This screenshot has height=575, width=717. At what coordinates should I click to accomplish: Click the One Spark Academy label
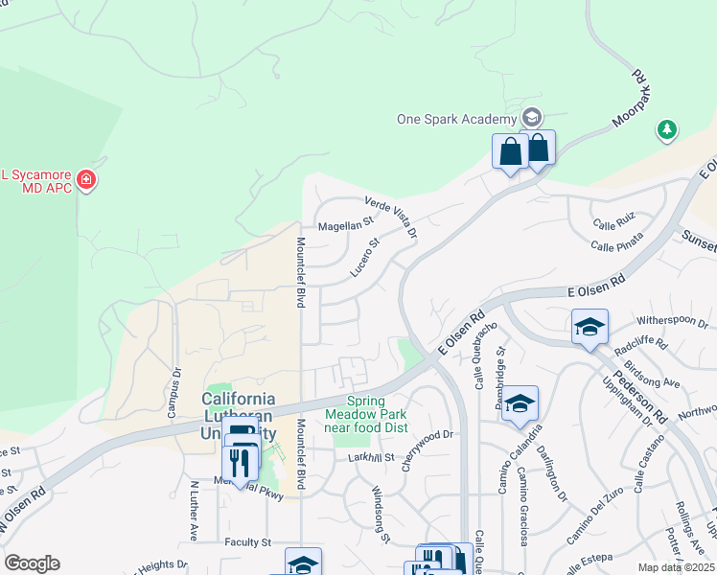457,119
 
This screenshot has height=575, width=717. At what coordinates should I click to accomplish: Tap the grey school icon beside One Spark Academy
531,118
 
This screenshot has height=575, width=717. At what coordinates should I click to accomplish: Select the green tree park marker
666,128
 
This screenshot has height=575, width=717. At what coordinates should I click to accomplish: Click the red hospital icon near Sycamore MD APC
86,179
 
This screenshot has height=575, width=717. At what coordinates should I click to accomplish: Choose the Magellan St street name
344,224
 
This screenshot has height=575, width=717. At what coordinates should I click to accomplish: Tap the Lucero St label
365,258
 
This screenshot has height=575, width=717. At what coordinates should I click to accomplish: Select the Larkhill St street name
371,458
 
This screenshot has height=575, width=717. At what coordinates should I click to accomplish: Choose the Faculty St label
248,542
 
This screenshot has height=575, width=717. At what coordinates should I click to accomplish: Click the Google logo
32,563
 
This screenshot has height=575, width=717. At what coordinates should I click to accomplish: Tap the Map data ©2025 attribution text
675,567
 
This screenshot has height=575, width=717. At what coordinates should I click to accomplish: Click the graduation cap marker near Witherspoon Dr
590,328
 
